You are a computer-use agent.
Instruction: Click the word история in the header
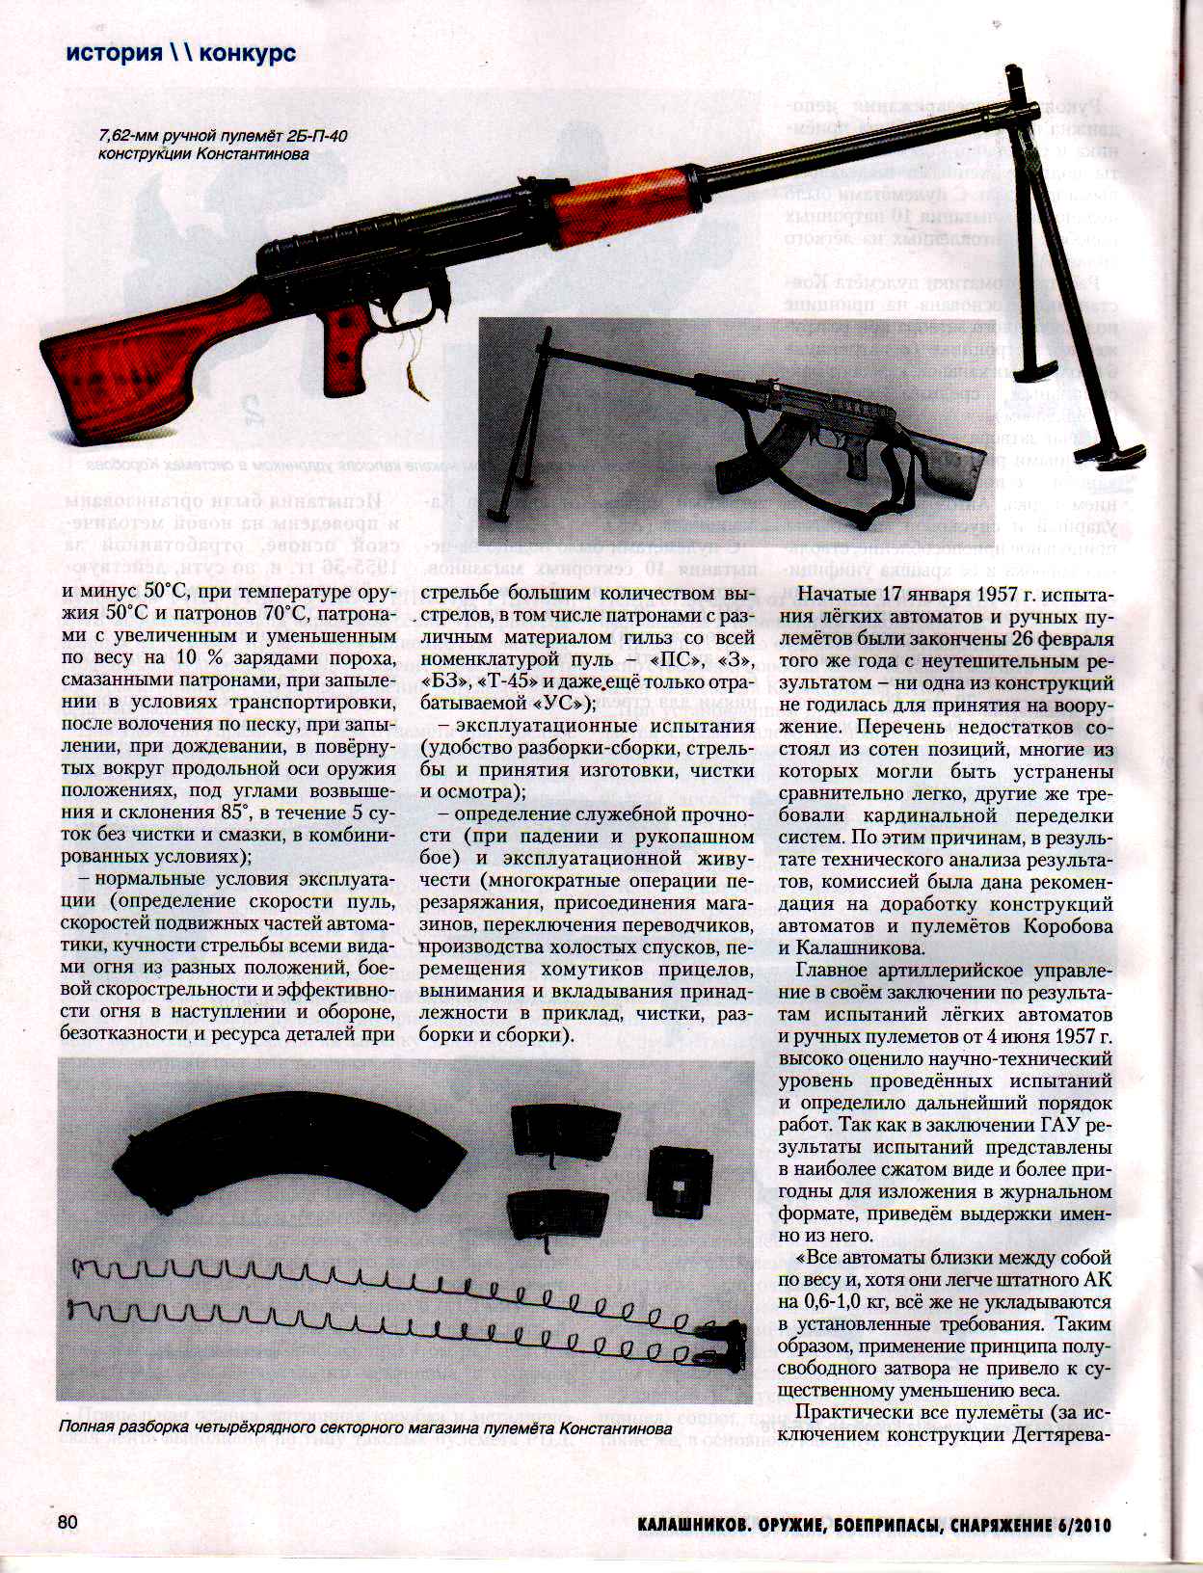point(113,53)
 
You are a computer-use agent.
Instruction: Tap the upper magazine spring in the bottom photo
point(386,1280)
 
